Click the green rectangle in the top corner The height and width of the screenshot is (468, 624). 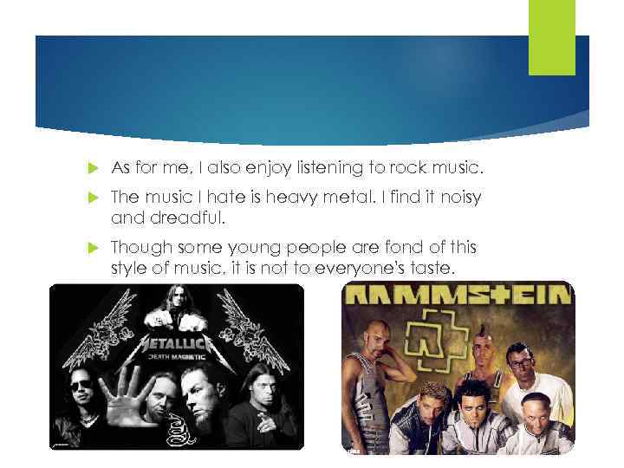552,37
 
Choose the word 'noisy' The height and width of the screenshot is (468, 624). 456,199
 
